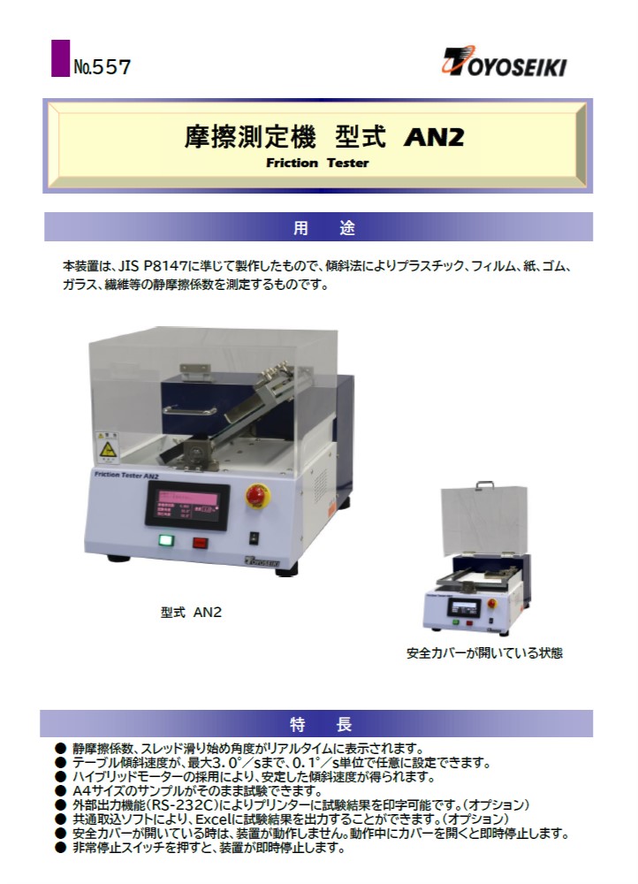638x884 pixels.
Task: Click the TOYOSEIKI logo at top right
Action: point(504,62)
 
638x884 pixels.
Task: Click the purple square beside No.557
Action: point(60,58)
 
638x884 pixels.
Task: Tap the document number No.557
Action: point(102,67)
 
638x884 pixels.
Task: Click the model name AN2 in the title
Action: point(433,137)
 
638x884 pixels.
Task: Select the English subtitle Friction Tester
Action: point(317,163)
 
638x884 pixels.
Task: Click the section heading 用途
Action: point(324,228)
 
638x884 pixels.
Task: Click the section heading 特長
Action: point(321,724)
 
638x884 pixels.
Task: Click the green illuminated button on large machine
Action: point(166,540)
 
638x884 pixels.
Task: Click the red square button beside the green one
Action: point(200,543)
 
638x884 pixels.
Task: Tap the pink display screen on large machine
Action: point(188,505)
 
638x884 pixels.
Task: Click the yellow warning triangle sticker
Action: point(108,450)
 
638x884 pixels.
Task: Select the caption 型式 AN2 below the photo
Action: point(191,612)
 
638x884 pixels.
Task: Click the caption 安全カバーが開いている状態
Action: point(485,653)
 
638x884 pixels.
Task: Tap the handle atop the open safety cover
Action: point(485,484)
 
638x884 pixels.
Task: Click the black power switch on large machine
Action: point(254,537)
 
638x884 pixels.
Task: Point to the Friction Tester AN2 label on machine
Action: point(126,475)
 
